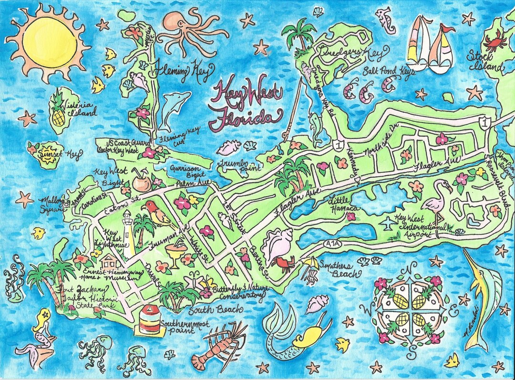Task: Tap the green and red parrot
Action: (158, 212)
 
